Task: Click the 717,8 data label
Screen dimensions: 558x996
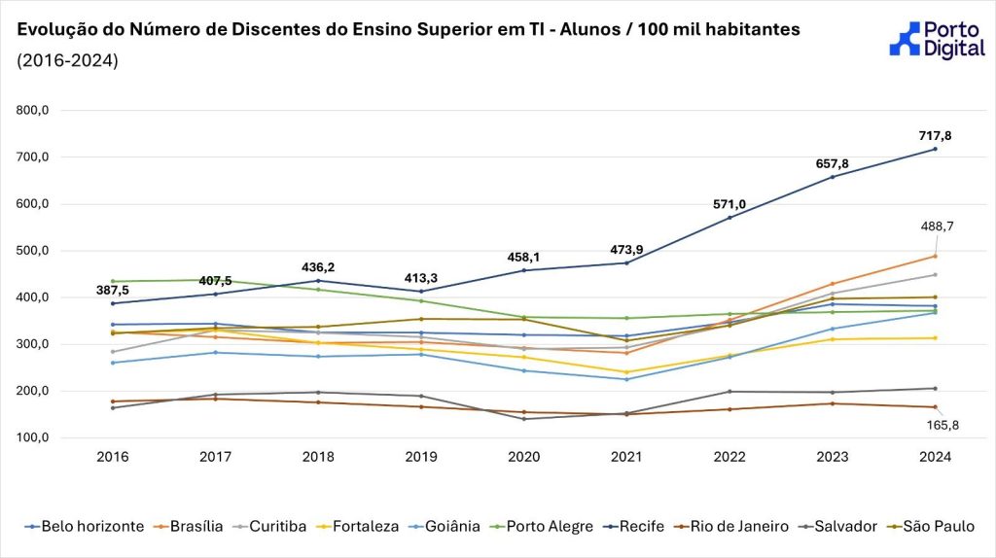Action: (935, 136)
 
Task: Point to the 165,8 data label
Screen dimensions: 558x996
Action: (941, 425)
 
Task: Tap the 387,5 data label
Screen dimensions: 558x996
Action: (113, 290)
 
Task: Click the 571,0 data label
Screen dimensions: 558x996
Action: (729, 204)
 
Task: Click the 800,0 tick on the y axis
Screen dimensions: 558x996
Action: (33, 111)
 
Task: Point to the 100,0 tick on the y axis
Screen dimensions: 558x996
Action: (33, 437)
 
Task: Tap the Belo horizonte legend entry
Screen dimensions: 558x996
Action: (84, 527)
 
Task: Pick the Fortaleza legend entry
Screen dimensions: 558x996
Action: (356, 527)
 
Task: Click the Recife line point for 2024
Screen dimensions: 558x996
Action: (935, 149)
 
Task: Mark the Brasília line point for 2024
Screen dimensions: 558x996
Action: (935, 257)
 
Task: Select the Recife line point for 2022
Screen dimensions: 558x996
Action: (729, 218)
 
